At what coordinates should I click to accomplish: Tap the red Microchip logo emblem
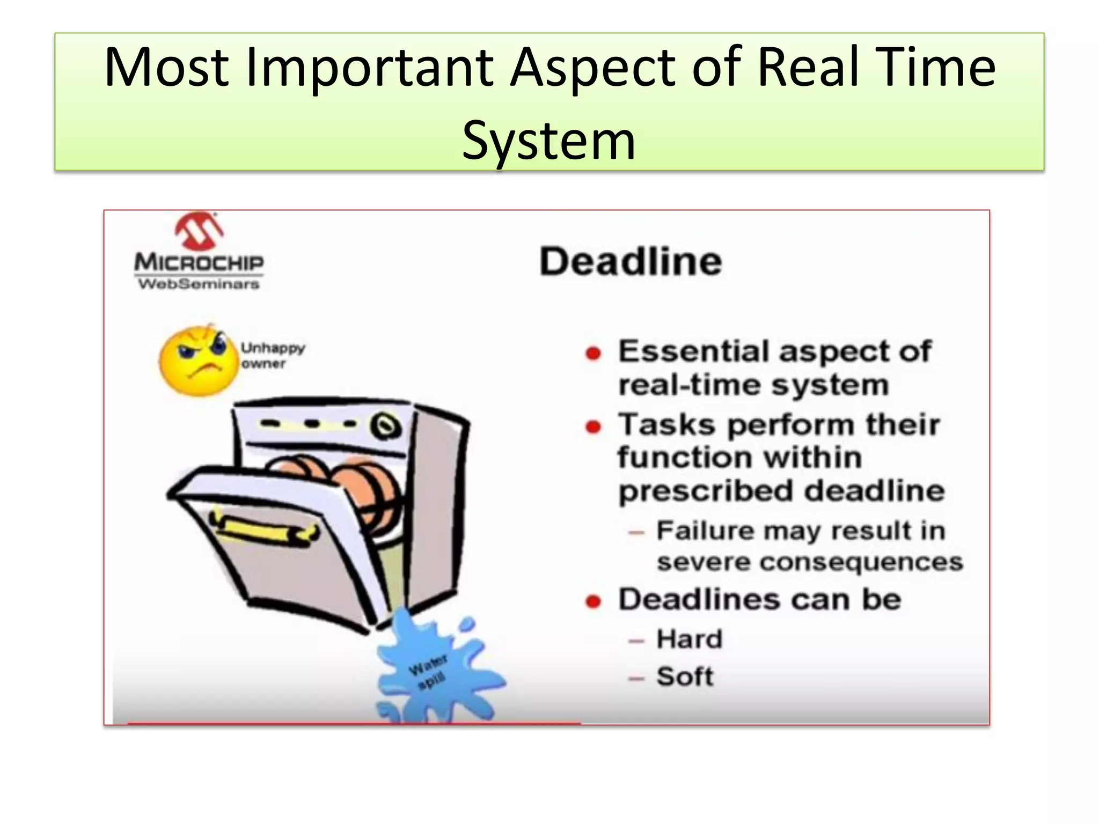click(199, 232)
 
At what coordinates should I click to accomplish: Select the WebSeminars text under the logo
click(199, 284)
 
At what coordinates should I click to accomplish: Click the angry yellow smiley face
click(199, 361)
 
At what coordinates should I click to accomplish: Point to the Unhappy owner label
click(272, 355)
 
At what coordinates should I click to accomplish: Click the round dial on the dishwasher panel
click(385, 426)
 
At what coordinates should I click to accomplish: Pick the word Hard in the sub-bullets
click(690, 639)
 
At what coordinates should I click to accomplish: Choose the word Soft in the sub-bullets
click(685, 676)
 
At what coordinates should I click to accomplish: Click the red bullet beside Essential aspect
click(593, 353)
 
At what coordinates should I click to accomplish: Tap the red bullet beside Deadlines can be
click(593, 601)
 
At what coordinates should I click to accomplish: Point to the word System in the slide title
click(549, 140)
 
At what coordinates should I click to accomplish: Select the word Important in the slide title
click(369, 68)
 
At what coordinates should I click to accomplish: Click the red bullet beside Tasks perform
click(593, 427)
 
